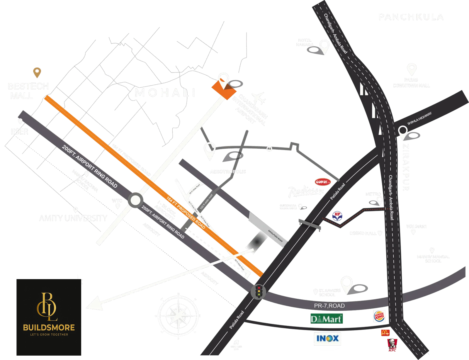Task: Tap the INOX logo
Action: click(x=327, y=338)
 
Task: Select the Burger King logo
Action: click(x=379, y=317)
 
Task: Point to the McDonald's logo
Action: click(x=385, y=332)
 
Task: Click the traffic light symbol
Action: click(x=258, y=291)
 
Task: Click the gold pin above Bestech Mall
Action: click(x=37, y=72)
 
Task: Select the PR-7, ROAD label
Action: click(x=329, y=306)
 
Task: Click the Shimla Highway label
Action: click(x=419, y=118)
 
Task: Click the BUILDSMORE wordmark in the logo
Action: click(x=49, y=327)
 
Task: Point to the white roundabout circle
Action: click(x=135, y=201)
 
